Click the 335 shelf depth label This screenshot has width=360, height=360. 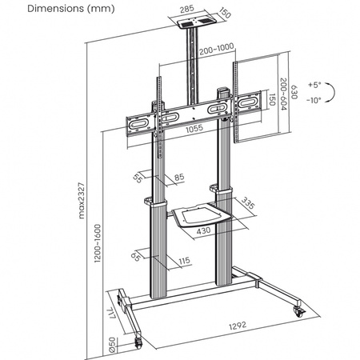pyautogui.click(x=249, y=205)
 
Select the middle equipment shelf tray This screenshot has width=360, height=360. pyautogui.click(x=200, y=218)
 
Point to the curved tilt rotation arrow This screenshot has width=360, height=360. pyautogui.click(x=336, y=91)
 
